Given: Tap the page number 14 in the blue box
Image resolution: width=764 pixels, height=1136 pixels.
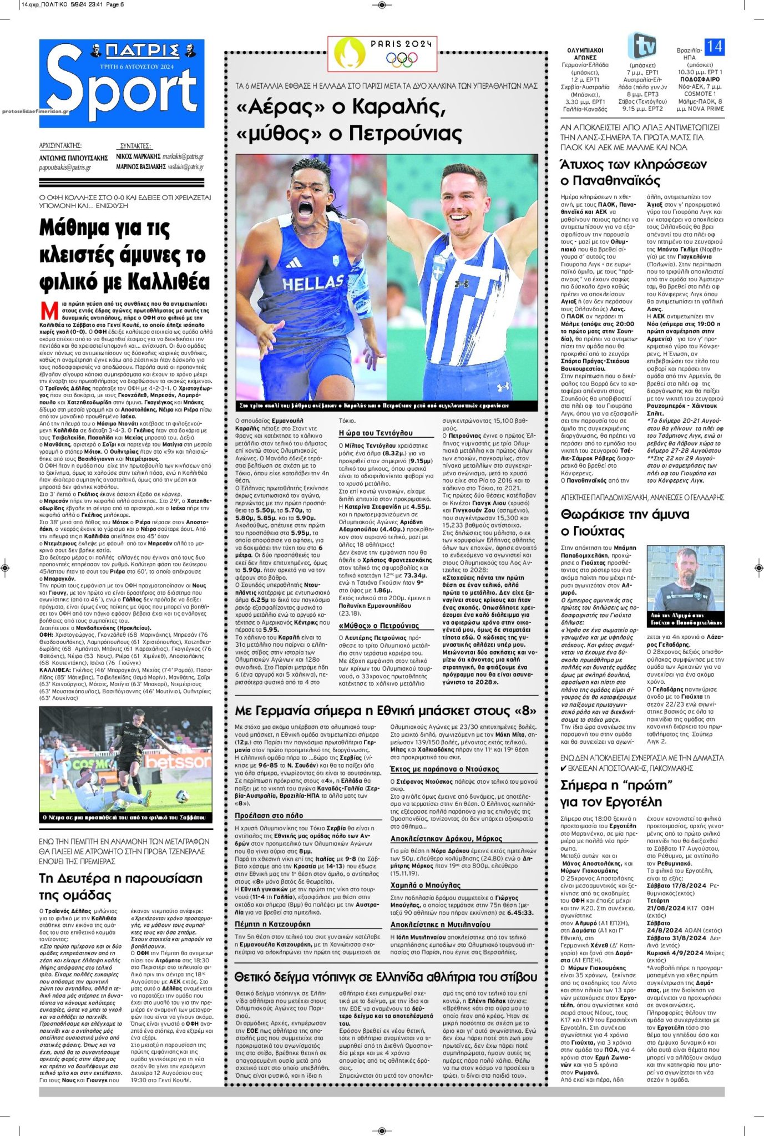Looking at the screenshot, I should (714, 47).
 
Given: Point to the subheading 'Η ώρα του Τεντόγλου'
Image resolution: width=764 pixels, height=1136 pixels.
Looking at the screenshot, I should (376, 433).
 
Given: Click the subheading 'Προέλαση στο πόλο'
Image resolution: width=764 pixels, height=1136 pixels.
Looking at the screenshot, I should (269, 815).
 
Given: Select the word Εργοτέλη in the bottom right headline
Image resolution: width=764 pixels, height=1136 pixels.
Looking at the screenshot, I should (639, 802).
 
